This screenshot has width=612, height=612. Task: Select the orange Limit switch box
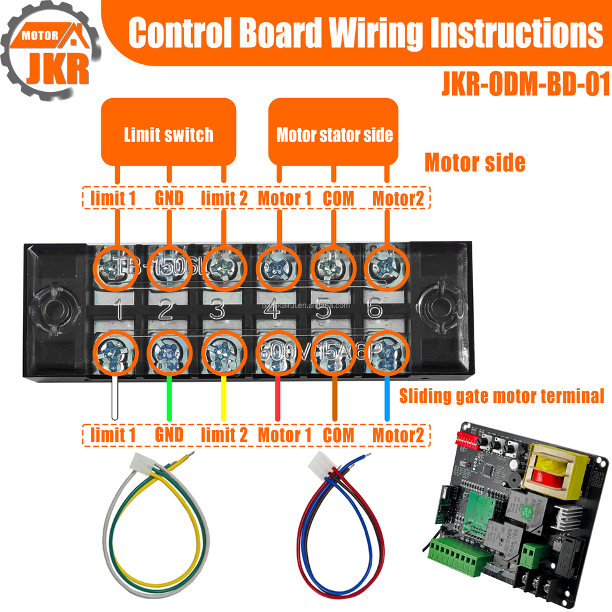169,135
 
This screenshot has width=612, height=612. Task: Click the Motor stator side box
334,135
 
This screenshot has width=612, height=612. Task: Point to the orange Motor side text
475,163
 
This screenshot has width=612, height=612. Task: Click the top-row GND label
169,198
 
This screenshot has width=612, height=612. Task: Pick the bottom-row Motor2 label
398,435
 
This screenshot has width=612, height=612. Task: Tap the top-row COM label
338,198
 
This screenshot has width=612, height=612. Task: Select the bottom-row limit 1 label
113,435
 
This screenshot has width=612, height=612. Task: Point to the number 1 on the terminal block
118,310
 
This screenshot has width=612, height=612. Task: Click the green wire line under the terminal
169,398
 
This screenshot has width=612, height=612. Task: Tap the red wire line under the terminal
278,398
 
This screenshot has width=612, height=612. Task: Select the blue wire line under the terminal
386,398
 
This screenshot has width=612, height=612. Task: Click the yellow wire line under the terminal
224,398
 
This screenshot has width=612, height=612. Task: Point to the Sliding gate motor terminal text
500,396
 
